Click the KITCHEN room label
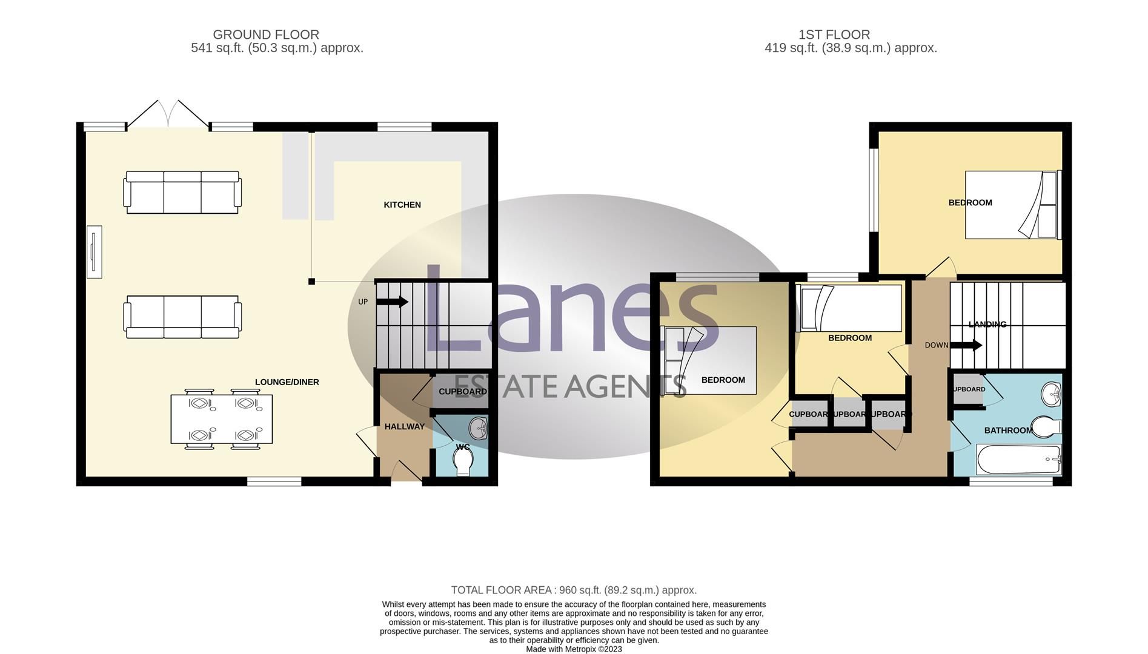402,205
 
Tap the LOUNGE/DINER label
287,382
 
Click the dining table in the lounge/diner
221,419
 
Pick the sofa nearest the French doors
182,193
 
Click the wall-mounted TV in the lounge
94,252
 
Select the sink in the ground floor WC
479,429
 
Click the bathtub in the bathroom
1018,460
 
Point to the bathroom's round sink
1052,394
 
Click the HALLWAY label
404,426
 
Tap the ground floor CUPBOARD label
462,392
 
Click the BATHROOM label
1007,431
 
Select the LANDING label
987,325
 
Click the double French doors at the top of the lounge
168,115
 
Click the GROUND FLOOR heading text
266,35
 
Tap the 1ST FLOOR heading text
834,35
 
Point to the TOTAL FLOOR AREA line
574,590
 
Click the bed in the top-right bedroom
1012,205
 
